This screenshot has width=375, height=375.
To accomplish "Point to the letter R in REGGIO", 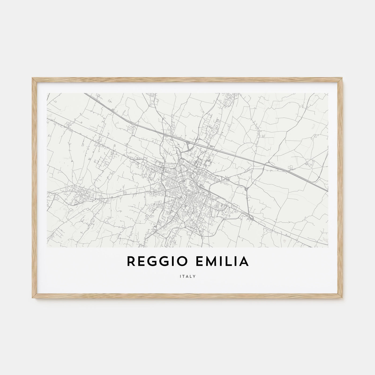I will [x=130, y=262].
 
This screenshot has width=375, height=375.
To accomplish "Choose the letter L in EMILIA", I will [x=232, y=262].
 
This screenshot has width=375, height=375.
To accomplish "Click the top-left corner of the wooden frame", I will [x=33, y=78].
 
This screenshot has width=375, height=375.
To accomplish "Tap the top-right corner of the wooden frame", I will [x=342, y=78].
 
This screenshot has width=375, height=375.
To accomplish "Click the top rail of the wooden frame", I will [x=187, y=79].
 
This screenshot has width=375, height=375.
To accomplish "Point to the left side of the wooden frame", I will [x=34, y=187].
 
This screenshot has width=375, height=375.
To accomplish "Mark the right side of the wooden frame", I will [x=341, y=187].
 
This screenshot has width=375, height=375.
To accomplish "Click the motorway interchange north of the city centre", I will [x=191, y=146].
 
